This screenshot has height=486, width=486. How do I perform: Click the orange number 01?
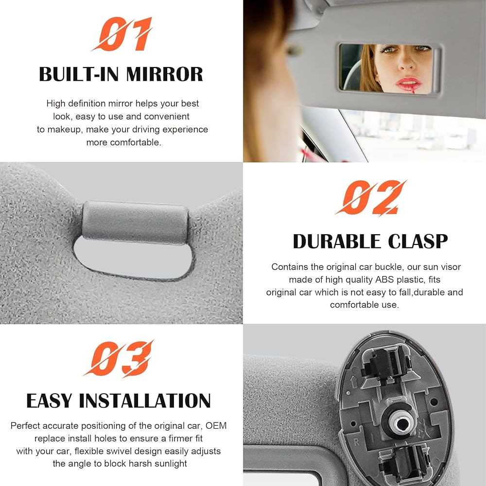121,35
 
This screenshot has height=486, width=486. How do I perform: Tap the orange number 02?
370,198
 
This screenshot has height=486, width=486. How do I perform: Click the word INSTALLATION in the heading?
145,401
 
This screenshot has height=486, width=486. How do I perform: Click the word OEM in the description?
216,426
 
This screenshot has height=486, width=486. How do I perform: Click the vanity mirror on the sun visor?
389,68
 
